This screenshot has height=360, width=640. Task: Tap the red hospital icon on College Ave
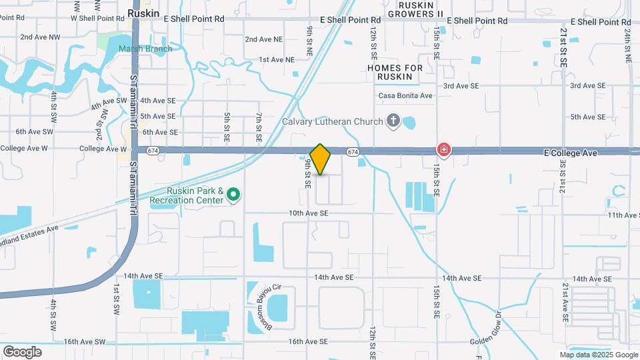tap(443, 149)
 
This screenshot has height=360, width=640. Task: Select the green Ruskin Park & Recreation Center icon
tap(233, 195)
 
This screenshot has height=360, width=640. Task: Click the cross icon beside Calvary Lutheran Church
tap(393, 121)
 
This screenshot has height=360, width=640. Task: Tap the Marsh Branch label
tap(145, 49)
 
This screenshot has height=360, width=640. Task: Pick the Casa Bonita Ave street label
tap(406, 95)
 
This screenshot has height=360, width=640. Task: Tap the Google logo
tap(22, 351)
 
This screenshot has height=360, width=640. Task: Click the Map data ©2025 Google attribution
tap(599, 355)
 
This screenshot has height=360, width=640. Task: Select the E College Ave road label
tap(570, 153)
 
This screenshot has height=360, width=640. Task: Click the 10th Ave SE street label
tap(309, 213)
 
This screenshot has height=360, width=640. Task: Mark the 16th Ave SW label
tap(85, 341)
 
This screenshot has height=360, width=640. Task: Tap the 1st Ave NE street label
tap(277, 59)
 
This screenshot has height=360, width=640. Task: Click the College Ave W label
tap(101, 149)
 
